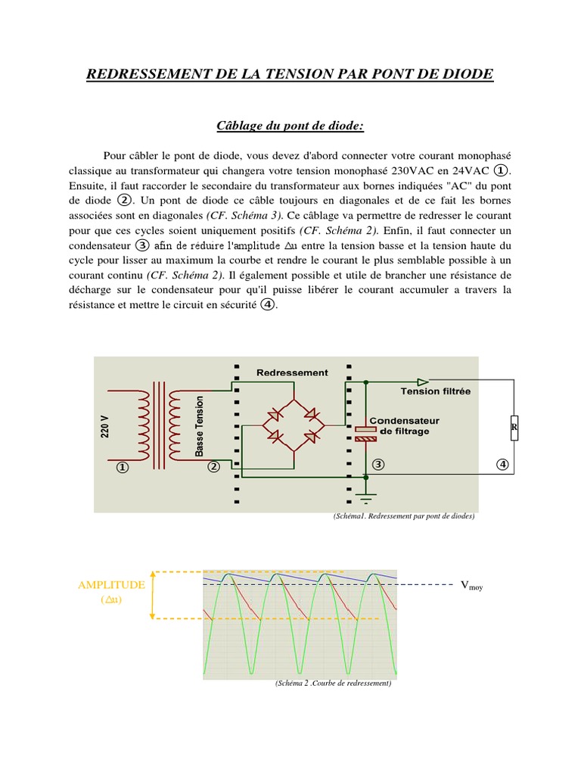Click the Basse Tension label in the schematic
pos(200,427)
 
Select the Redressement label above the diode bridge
pos(292,372)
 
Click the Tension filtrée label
pos(435,391)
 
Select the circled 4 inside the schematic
pos(502,464)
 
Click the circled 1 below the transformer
pos(122,468)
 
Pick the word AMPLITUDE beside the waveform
pos(112,585)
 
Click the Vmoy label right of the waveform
pos(471,585)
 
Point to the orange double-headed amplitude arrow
pos(154,595)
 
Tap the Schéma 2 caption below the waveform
pos(333,683)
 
